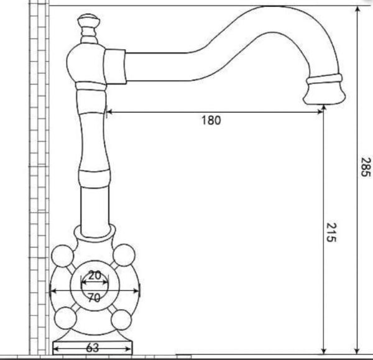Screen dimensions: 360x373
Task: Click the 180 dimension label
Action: pyautogui.click(x=211, y=121)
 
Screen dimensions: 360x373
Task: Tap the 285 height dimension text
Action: pyautogui.click(x=366, y=166)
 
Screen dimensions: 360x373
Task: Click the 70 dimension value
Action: pyautogui.click(x=94, y=298)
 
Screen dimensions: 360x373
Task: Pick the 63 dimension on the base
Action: pyautogui.click(x=93, y=348)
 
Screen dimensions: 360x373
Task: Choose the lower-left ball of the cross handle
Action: pyautogui.click(x=65, y=318)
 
